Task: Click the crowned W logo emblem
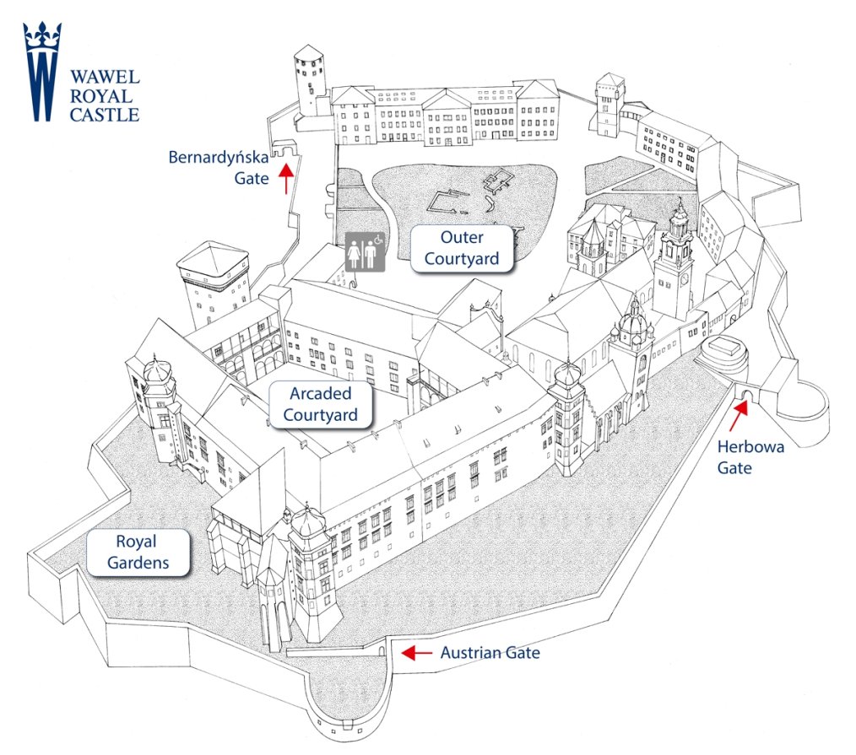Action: [x=42, y=72]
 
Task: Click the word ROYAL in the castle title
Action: [x=101, y=96]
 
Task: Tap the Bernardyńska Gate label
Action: [x=219, y=168]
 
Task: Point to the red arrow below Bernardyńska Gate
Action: [x=286, y=179]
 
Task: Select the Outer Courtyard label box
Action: [x=462, y=248]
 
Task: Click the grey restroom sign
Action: [x=366, y=251]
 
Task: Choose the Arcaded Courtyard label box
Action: [x=321, y=404]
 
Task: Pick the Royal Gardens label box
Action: [x=138, y=552]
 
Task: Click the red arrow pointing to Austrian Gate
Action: [x=416, y=652]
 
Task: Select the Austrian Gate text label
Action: [x=490, y=653]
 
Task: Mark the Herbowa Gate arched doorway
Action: [x=746, y=395]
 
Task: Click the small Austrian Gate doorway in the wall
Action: [x=382, y=650]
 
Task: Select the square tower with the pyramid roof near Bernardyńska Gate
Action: [x=214, y=283]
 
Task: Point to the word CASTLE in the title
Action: [x=105, y=115]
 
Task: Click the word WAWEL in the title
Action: [x=105, y=77]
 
